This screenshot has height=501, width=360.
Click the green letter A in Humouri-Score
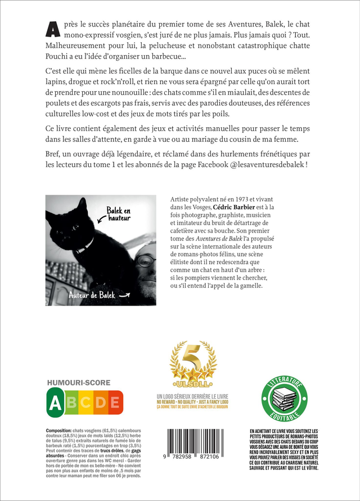[x=55, y=403]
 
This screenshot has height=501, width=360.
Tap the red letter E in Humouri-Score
[x=114, y=403]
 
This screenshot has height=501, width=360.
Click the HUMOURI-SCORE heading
[x=79, y=383]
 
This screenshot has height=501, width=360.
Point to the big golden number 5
[x=193, y=359]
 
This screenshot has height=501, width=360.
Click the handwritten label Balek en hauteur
[x=119, y=213]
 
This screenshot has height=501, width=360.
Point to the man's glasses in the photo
[x=146, y=261]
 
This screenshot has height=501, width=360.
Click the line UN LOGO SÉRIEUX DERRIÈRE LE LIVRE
[x=193, y=397]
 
